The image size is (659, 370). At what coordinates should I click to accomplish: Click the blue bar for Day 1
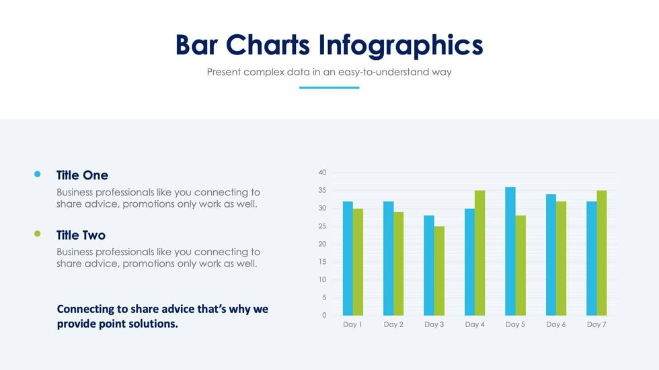click(348, 259)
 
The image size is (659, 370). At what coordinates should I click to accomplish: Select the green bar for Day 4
click(479, 253)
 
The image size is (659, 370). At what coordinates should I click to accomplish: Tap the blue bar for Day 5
click(510, 251)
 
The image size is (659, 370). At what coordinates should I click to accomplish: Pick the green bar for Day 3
click(439, 271)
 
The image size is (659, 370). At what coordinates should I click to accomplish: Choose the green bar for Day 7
click(601, 253)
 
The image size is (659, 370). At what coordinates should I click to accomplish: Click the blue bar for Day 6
click(551, 255)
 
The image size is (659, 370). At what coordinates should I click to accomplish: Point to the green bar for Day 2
click(399, 264)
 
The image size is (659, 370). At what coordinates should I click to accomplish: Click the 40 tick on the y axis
click(322, 173)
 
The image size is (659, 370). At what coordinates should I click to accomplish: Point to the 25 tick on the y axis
click(322, 226)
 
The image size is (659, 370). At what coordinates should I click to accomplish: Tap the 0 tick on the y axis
click(324, 315)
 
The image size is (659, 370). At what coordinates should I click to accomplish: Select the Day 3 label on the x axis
click(434, 325)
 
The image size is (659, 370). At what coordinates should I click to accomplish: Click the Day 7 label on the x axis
click(596, 325)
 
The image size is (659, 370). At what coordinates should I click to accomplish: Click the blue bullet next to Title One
click(38, 175)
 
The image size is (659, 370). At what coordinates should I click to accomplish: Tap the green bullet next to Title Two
click(38, 234)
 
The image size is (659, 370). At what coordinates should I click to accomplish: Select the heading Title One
click(82, 175)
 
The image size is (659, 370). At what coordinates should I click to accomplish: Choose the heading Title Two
click(81, 235)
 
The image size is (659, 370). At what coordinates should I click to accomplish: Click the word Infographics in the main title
click(401, 45)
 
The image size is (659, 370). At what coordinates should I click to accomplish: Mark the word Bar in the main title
click(197, 45)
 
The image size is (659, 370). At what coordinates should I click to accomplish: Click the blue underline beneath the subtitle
click(329, 87)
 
